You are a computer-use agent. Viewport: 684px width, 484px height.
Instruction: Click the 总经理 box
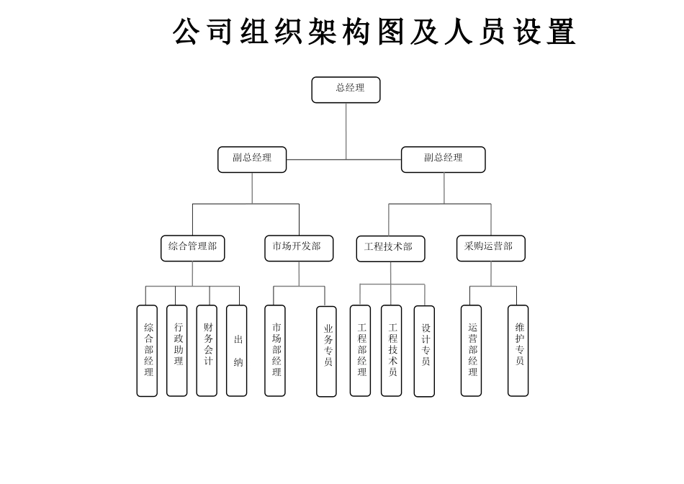coord(346,90)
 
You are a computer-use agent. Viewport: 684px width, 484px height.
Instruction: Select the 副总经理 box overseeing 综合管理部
coord(252,159)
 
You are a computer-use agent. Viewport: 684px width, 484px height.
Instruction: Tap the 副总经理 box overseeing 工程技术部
coord(444,159)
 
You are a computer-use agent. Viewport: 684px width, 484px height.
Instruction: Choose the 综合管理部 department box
coord(192,248)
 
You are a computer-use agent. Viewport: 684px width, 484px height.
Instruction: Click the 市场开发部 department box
coord(299,248)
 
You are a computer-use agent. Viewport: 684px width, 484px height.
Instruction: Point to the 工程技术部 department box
coord(390,248)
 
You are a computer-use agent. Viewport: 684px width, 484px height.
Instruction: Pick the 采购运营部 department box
coord(491,248)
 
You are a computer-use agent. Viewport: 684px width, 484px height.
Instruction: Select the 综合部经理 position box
coord(147,350)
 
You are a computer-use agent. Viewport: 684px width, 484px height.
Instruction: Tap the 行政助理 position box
coord(177,350)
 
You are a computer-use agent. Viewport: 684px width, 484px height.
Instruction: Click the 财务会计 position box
coord(207,350)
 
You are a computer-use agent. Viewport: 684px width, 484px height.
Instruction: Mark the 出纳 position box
coord(237,350)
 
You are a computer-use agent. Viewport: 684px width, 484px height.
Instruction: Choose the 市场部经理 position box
coord(275,350)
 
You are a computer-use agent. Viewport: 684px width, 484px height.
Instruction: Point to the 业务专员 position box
coord(327,351)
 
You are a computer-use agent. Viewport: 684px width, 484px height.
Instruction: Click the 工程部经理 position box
coord(361,350)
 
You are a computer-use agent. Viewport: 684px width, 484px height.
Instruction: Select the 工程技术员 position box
coord(392,350)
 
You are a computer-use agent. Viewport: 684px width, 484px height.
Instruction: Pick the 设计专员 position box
coord(425,351)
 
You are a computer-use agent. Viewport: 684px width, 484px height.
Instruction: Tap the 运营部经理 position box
coord(472,350)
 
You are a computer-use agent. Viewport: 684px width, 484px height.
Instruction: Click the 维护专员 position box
coord(518,350)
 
